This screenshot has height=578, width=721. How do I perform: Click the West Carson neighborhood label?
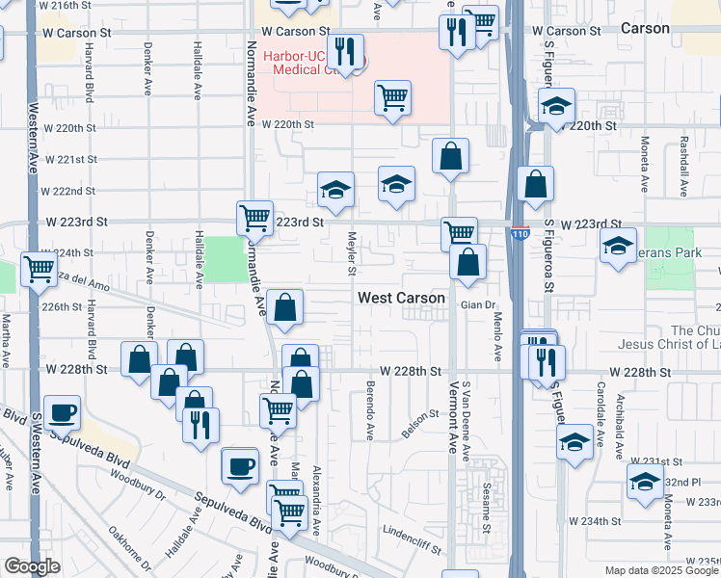tap(401, 298)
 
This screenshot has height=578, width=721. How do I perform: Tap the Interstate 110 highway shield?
tap(521, 233)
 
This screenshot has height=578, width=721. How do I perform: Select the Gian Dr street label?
tap(476, 305)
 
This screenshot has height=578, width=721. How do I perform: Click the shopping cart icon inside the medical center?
tap(392, 97)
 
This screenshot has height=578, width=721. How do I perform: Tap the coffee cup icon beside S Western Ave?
tap(63, 412)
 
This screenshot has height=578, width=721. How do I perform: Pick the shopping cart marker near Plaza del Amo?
tap(39, 269)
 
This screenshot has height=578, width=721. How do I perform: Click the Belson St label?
tap(420, 421)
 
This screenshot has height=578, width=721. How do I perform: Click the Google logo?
tap(32, 566)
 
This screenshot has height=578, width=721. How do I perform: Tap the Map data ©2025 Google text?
tap(661, 570)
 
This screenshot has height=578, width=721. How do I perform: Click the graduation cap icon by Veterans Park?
tap(618, 245)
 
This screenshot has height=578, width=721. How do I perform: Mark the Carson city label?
tap(645, 28)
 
